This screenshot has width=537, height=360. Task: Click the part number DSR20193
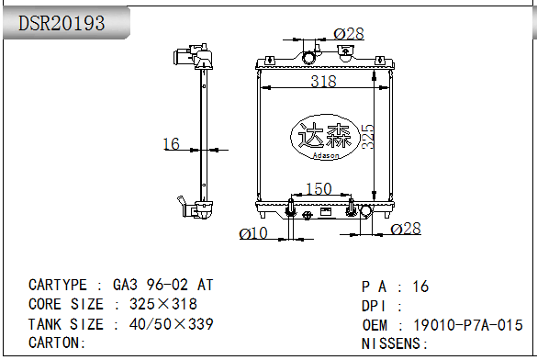(x=62, y=23)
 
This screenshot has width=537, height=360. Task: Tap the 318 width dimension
(x=324, y=82)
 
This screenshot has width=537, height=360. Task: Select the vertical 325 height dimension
(x=367, y=137)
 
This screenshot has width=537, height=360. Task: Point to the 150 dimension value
(x=319, y=189)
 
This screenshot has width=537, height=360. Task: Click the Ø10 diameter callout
(x=253, y=233)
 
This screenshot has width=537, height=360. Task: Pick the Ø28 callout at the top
(x=349, y=34)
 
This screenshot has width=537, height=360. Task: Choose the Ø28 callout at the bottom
(x=406, y=229)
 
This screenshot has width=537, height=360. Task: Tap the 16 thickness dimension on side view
(x=172, y=144)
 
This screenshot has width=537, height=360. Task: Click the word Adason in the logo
(x=326, y=155)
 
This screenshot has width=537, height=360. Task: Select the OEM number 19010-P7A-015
(x=468, y=325)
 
